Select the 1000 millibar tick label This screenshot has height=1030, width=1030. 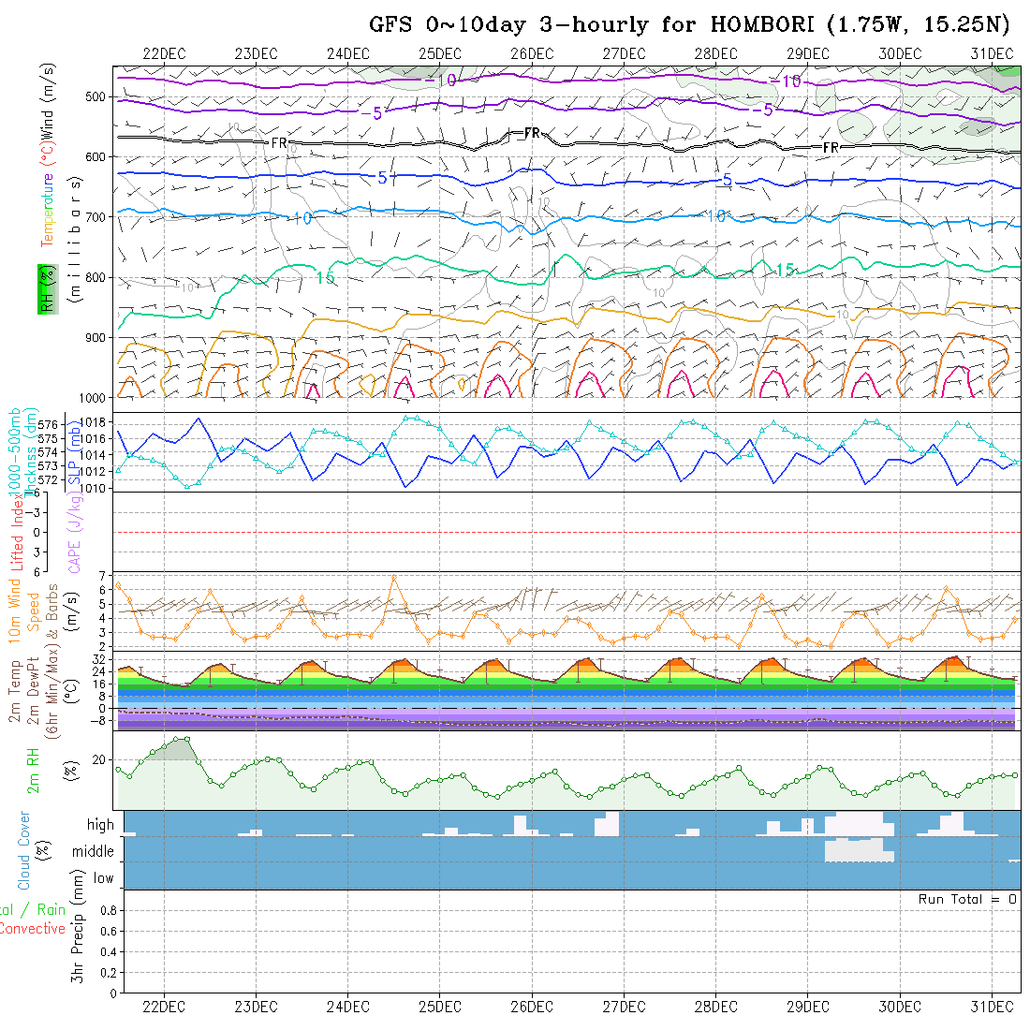point(95,397)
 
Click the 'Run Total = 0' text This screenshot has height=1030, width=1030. point(967,899)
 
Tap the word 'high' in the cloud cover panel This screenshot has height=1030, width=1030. point(100,825)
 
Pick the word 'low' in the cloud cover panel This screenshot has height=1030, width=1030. point(103,878)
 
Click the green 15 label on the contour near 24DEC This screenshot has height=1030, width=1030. point(325,278)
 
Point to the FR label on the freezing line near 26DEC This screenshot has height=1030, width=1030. point(532,134)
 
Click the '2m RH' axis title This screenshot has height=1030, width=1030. point(34,770)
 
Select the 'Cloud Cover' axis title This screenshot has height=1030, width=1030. point(23,850)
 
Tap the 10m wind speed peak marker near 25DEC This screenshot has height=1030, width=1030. point(394,577)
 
